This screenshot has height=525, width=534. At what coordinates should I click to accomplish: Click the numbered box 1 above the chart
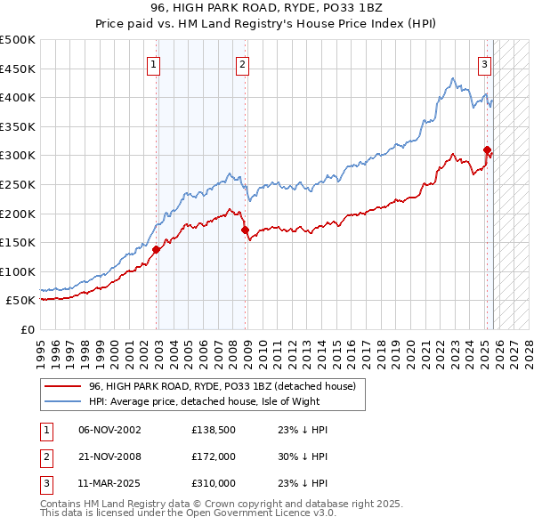point(154,64)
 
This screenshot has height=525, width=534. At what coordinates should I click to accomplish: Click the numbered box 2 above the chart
point(242,64)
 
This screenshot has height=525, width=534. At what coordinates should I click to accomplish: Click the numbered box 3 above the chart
point(484,64)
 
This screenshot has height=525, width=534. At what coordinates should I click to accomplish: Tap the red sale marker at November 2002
point(156,249)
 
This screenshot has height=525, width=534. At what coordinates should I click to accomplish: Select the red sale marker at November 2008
point(246,230)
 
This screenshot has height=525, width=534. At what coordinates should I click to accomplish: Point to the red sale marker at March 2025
point(487,149)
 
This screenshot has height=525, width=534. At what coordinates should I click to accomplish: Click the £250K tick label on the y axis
point(18,184)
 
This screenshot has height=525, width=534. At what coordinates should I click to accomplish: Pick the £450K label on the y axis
point(18,69)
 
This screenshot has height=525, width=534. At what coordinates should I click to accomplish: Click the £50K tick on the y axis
point(21,301)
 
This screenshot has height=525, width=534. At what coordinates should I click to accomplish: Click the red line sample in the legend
point(64,386)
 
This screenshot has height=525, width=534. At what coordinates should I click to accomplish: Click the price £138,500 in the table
point(211,430)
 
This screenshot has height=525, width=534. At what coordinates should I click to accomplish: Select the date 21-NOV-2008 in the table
point(110,456)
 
